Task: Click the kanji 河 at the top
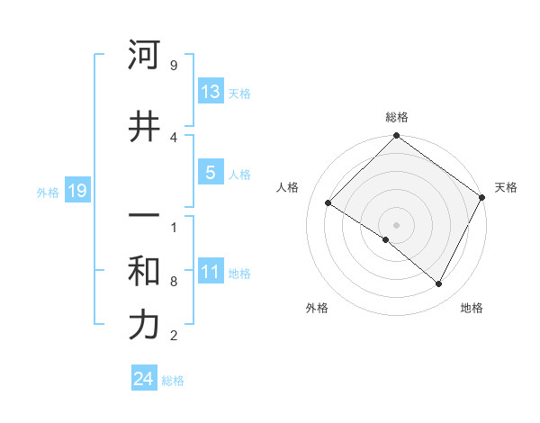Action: click(x=144, y=56)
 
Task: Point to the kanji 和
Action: click(x=144, y=271)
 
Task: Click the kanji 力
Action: click(x=144, y=325)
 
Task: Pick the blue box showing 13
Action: click(x=211, y=91)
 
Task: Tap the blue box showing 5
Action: click(x=211, y=173)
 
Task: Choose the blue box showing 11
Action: click(x=211, y=272)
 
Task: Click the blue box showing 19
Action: click(x=76, y=191)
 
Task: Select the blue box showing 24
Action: click(x=143, y=379)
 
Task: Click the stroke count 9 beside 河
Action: click(x=174, y=66)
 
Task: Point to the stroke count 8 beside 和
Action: click(x=174, y=282)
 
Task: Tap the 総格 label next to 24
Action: click(x=173, y=380)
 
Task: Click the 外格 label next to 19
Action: click(x=48, y=192)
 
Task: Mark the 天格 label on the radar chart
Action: click(x=506, y=187)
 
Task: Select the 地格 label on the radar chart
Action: click(x=472, y=308)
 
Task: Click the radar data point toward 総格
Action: click(x=396, y=137)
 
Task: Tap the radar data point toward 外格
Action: click(x=386, y=239)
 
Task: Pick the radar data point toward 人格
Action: click(x=328, y=203)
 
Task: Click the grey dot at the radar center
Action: click(x=396, y=224)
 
